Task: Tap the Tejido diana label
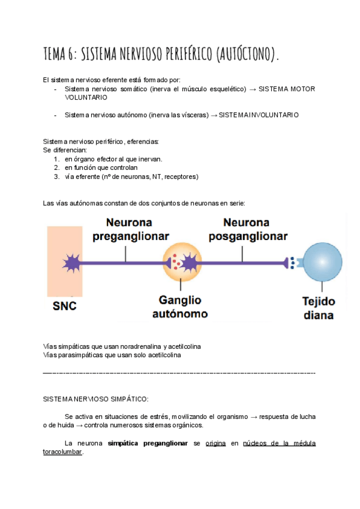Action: coord(318,307)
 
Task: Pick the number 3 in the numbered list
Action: coord(56,176)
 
